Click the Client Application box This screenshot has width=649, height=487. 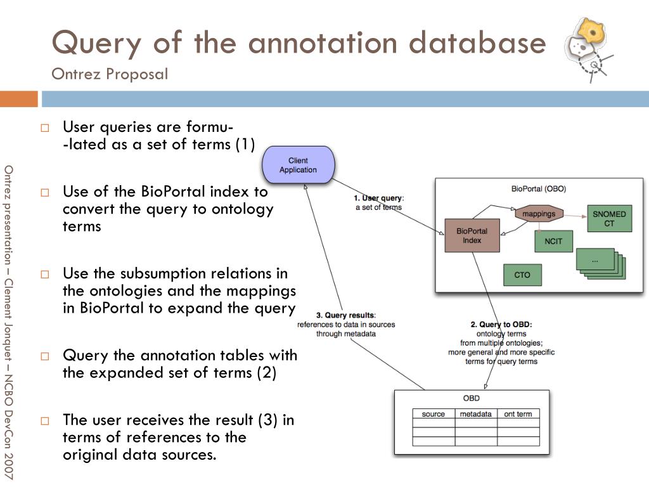298,165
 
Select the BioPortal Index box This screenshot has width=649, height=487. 472,236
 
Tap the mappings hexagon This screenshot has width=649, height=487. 539,214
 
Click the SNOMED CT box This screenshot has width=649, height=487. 609,219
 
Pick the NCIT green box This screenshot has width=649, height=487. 553,241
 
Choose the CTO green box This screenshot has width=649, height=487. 522,275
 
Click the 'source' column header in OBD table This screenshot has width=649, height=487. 434,414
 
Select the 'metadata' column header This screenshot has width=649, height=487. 475,414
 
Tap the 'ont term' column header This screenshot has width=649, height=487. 518,414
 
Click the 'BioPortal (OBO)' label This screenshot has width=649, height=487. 538,189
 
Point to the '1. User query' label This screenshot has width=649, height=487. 378,198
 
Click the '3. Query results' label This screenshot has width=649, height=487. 345,315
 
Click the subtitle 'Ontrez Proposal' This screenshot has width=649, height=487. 110,74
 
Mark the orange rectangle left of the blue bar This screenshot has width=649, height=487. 18,99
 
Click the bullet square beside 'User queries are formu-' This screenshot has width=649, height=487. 45,127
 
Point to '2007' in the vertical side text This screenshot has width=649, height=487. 8,465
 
